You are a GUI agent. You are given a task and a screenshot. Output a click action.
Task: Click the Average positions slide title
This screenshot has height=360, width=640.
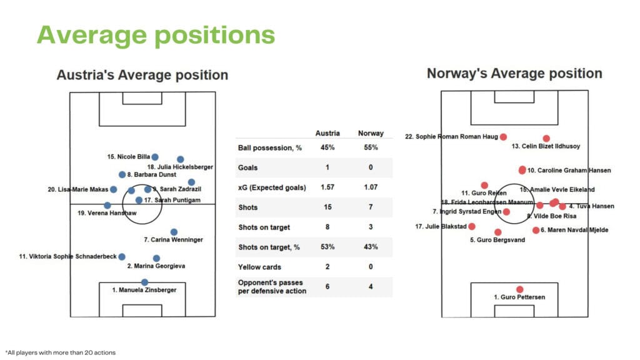pyautogui.click(x=156, y=35)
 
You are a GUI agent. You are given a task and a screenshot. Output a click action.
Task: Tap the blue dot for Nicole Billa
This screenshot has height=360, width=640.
pyautogui.click(x=155, y=157)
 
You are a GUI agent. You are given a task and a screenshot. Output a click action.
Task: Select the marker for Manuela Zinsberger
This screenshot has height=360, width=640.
pyautogui.click(x=144, y=282)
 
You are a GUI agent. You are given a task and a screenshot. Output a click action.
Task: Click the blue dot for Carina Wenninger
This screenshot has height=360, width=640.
pyautogui.click(x=174, y=232)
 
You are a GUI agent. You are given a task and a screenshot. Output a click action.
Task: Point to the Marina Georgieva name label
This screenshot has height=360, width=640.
pyautogui.click(x=156, y=266)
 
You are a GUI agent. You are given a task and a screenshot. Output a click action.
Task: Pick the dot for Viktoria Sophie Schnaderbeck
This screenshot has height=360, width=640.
pyautogui.click(x=122, y=256)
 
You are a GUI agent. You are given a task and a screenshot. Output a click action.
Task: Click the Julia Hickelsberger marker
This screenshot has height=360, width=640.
pyautogui.click(x=181, y=159)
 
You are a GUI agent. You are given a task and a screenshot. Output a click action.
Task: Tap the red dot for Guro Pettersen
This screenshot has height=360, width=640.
pyautogui.click(x=519, y=289)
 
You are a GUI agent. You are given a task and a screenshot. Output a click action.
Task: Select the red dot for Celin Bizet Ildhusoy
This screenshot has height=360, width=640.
pyautogui.click(x=546, y=138)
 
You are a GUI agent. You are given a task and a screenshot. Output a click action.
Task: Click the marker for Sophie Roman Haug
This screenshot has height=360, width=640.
pyautogui.click(x=503, y=136)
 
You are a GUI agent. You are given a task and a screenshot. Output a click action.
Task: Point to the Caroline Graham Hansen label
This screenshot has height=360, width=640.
pyautogui.click(x=569, y=170)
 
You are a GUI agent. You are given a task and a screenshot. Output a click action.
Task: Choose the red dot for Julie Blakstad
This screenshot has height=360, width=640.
pyautogui.click(x=472, y=226)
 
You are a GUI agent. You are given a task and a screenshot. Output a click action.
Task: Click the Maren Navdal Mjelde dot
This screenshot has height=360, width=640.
pyautogui.click(x=536, y=230)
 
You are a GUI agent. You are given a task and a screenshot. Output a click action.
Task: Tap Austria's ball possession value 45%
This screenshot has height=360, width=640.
pyautogui.click(x=327, y=148)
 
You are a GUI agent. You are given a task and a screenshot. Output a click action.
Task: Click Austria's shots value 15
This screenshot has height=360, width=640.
pyautogui.click(x=327, y=207)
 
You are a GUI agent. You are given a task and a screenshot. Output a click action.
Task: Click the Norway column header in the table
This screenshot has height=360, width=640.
pyautogui.click(x=370, y=133)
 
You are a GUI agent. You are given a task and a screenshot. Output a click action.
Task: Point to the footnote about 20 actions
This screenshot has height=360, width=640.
pyautogui.click(x=60, y=352)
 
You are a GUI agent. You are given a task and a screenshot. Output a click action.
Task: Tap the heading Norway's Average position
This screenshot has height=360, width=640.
pyautogui.click(x=514, y=74)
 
